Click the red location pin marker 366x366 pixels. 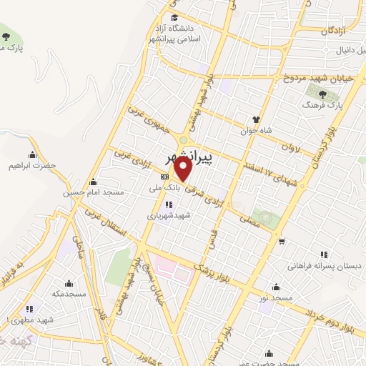pos(183,169)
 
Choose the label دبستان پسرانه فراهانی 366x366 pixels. pos(325,265)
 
